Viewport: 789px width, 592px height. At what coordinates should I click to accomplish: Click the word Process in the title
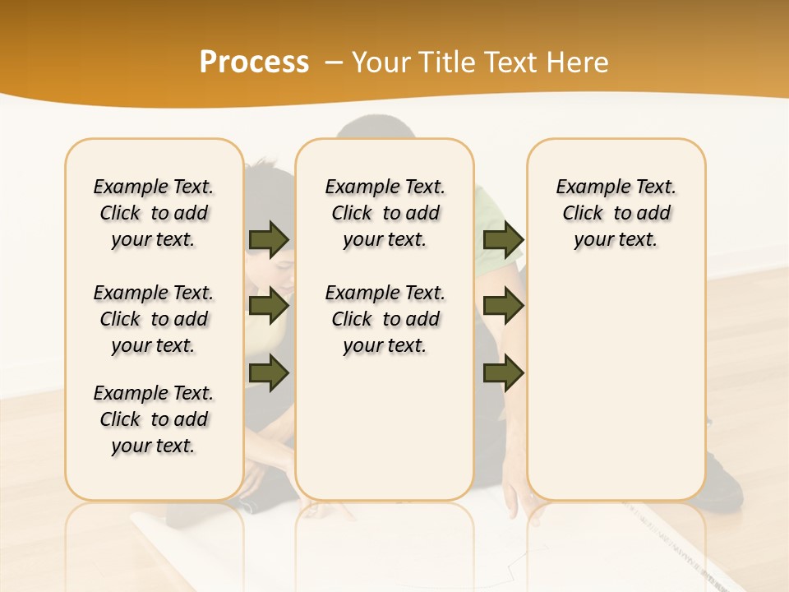pos(254,62)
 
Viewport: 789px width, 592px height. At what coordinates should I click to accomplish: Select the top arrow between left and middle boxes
pos(269,239)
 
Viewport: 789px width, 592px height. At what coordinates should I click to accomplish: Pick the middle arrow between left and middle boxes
pos(269,306)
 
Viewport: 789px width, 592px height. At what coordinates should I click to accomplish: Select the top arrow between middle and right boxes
pos(503,239)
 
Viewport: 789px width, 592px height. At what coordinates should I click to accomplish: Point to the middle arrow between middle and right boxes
pos(503,306)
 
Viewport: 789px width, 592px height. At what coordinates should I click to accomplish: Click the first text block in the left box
pos(154,213)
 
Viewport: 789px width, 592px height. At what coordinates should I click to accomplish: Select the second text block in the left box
pos(154,319)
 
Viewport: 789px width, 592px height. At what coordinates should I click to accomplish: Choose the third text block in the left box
pos(154,419)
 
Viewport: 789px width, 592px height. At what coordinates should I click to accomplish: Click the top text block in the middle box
pos(385,213)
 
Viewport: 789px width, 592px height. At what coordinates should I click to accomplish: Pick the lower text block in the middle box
pos(385,319)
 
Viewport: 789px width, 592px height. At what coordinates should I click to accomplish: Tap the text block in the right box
pos(616,213)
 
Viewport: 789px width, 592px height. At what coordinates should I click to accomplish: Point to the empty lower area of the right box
pos(616,386)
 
